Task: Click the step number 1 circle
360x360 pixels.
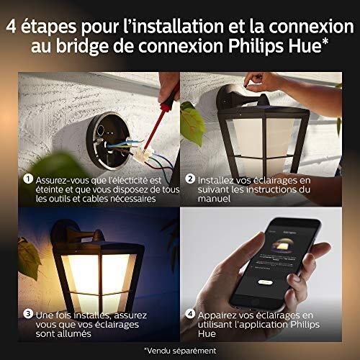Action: tap(28, 179)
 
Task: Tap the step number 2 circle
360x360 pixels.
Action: tap(190, 179)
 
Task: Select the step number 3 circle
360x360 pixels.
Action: tap(28, 314)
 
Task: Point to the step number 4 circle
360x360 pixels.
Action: tap(190, 314)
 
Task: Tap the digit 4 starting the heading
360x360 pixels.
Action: tap(11, 27)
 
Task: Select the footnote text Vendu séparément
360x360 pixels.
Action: tap(181, 351)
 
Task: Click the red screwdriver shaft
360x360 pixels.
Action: tap(157, 124)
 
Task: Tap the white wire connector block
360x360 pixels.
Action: tap(144, 155)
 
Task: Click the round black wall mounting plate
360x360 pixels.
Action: tap(109, 140)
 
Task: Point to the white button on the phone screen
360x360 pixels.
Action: tap(265, 282)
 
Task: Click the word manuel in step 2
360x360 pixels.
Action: tap(214, 199)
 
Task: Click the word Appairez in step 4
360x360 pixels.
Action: tap(217, 315)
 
